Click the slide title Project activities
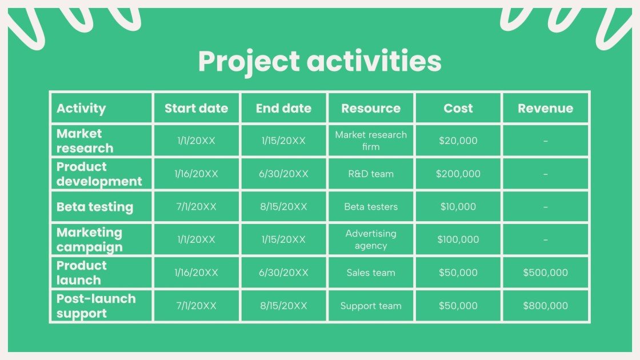pos(319,61)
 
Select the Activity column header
pos(81,108)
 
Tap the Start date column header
pos(196,108)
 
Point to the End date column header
pos(283,108)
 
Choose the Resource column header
pos(371,108)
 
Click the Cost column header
pos(458,108)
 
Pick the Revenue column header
pos(545,108)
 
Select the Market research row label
pos(85,141)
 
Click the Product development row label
pos(99,174)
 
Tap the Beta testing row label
pos(95,207)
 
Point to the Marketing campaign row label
pos(89,240)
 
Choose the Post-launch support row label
pos(96,306)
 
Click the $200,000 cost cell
pos(458,174)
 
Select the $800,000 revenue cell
pos(545,306)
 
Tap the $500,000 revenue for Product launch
pos(545,273)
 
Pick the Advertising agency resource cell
pos(371,240)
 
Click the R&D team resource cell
pos(371,174)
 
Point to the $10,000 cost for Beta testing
pos(458,207)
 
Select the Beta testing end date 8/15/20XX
pos(283,207)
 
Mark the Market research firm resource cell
pos(371,141)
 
